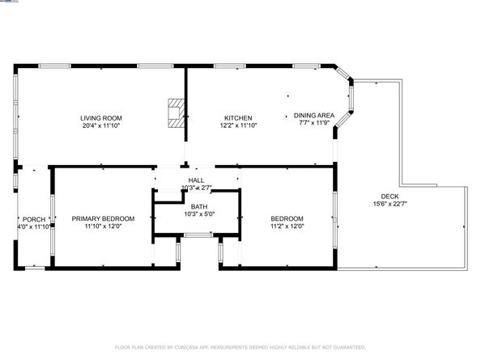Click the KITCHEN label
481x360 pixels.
(x=237, y=118)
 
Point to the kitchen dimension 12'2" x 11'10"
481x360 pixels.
(x=237, y=126)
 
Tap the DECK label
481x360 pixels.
(x=390, y=196)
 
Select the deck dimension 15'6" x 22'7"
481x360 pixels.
(x=390, y=204)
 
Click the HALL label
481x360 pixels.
(x=196, y=180)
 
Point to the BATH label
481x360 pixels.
(x=198, y=206)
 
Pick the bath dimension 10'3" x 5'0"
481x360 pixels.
(x=198, y=214)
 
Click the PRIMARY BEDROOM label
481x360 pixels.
(x=103, y=218)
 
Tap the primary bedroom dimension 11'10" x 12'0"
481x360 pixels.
(x=103, y=227)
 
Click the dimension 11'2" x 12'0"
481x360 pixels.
(x=287, y=227)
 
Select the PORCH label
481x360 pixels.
(x=34, y=219)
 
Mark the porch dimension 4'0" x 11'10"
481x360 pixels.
(x=34, y=227)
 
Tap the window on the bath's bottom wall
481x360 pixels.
(x=197, y=235)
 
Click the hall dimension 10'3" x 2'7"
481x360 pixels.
(x=197, y=188)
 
